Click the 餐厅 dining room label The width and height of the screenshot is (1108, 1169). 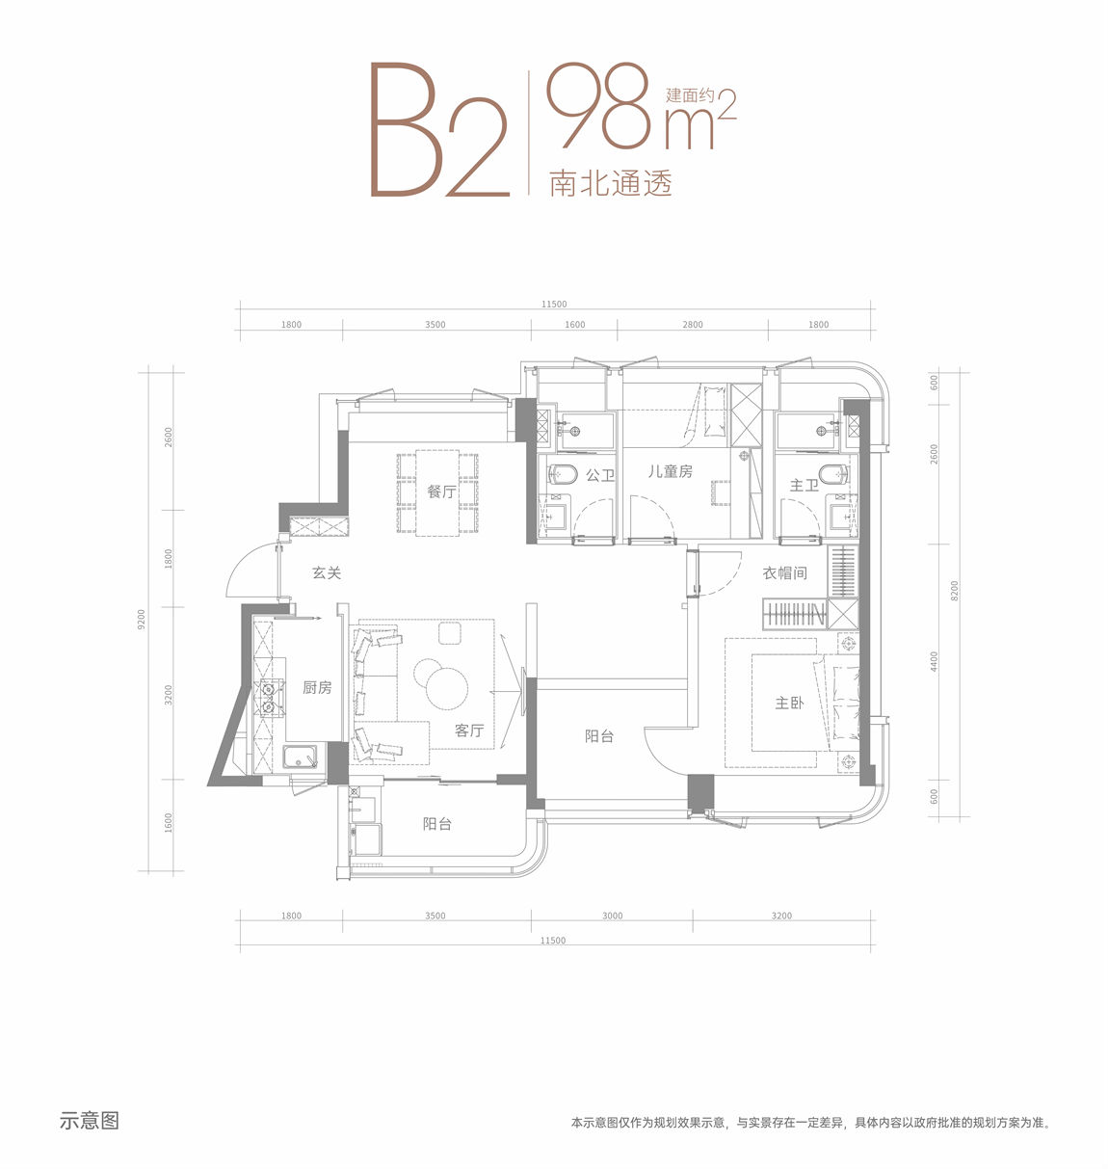(x=441, y=492)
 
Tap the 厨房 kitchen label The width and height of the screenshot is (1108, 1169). (x=317, y=687)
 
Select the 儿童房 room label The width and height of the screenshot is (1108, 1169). (x=670, y=471)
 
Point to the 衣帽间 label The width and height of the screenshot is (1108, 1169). (x=784, y=573)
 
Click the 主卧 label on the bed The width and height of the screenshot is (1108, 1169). (x=789, y=703)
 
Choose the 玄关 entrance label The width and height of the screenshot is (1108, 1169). (x=327, y=572)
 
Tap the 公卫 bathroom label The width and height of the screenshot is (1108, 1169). (x=600, y=475)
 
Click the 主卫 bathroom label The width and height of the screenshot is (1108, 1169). (x=804, y=485)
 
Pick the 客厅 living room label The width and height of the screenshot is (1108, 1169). (x=469, y=731)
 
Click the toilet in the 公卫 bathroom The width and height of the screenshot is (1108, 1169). (x=563, y=474)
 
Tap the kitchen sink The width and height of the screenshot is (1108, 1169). (x=301, y=757)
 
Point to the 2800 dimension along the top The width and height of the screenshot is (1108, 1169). (x=693, y=325)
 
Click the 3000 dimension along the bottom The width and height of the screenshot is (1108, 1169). (x=612, y=916)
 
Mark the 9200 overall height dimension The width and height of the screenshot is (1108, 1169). (x=141, y=620)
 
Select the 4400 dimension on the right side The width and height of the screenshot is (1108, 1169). (x=934, y=662)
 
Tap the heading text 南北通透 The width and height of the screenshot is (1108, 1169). (x=611, y=183)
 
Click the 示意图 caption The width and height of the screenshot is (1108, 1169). (x=90, y=1120)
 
